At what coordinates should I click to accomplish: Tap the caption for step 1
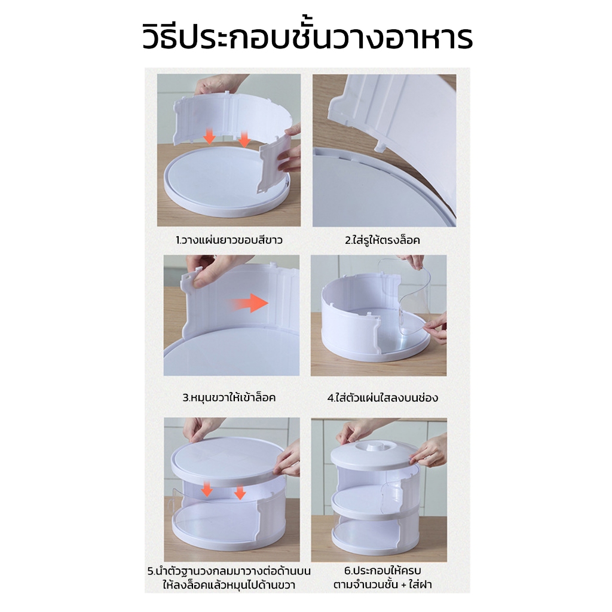click(x=229, y=240)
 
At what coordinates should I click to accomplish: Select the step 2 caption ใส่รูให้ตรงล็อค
click(x=382, y=240)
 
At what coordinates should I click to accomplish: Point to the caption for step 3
click(x=229, y=397)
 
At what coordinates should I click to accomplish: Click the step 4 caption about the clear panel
click(x=382, y=397)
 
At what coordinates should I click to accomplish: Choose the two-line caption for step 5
click(x=229, y=578)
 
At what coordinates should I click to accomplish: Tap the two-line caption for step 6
click(x=382, y=577)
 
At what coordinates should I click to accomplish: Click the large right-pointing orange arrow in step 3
click(x=249, y=303)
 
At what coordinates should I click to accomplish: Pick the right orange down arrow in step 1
click(x=244, y=139)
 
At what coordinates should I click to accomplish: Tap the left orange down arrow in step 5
click(x=207, y=489)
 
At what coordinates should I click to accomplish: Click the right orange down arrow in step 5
click(x=240, y=492)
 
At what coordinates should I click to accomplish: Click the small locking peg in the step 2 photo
click(x=378, y=146)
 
